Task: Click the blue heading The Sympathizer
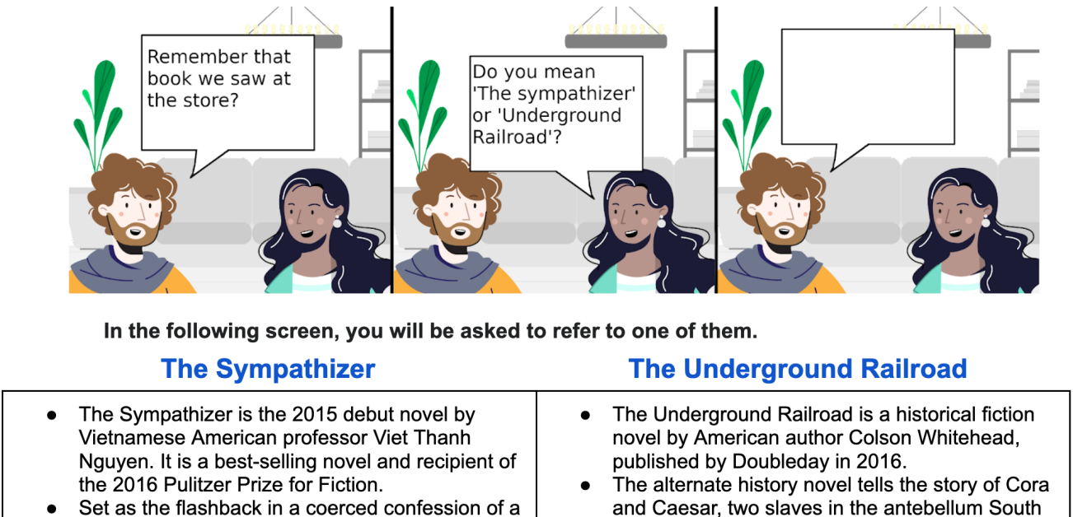(x=269, y=369)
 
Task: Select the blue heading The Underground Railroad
(x=798, y=369)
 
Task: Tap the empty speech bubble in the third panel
(x=868, y=86)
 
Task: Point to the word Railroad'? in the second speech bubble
(x=517, y=137)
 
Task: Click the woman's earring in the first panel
(x=337, y=221)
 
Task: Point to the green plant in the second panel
(x=424, y=115)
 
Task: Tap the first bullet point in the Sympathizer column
(x=52, y=416)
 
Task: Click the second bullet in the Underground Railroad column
(x=585, y=486)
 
